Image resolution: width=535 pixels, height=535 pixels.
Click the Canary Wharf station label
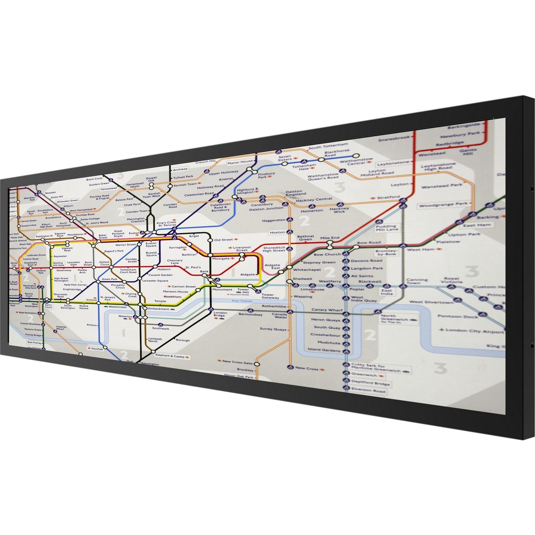click(x=327, y=310)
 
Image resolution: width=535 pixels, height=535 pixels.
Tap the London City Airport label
click(x=474, y=331)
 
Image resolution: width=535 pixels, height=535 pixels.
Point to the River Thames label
click(x=242, y=301)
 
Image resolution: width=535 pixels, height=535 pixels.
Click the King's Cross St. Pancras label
click(x=167, y=224)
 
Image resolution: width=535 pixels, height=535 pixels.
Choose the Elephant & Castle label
click(x=170, y=356)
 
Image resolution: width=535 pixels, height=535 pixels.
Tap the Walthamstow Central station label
click(x=356, y=161)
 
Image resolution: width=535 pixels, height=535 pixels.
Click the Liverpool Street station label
click(x=241, y=249)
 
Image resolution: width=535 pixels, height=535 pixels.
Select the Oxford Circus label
click(x=104, y=263)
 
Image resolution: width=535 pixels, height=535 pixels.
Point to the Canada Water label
click(x=280, y=316)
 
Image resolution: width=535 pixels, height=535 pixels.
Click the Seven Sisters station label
click(x=285, y=158)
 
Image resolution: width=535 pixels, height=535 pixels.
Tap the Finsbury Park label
click(x=266, y=175)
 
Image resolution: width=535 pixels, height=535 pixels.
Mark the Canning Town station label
click(x=417, y=281)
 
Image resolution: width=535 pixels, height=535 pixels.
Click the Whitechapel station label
click(x=307, y=270)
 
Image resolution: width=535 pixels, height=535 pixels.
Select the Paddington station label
click(x=43, y=236)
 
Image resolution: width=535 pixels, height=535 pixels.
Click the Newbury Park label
click(x=460, y=135)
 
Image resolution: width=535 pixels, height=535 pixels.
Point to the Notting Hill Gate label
click(x=58, y=264)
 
